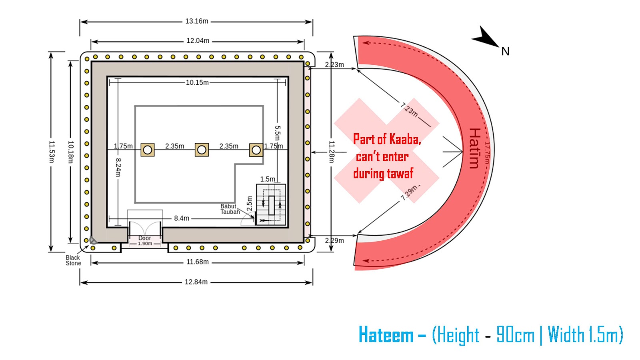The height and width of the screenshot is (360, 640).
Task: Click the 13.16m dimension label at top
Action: [x=196, y=21]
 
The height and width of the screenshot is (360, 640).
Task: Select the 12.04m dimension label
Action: [x=198, y=41]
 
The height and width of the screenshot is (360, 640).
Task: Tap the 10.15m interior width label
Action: [x=197, y=82]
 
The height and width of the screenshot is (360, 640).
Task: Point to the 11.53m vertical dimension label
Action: [x=52, y=152]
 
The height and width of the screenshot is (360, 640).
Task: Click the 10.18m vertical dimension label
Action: [x=71, y=152]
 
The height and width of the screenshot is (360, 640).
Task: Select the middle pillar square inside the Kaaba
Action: [x=202, y=150]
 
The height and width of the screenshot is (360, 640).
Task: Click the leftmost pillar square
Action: [x=148, y=150]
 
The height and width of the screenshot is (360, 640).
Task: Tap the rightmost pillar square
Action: [x=256, y=150]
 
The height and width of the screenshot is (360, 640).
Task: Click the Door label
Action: [x=144, y=238]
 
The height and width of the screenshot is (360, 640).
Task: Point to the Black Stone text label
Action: [x=74, y=260]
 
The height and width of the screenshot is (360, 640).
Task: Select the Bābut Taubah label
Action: [x=230, y=209]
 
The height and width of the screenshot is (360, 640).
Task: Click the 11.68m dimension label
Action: [x=198, y=262]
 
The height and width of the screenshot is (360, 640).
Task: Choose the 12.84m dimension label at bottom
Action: [x=196, y=282]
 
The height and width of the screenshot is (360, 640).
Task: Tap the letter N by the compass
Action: [x=506, y=52]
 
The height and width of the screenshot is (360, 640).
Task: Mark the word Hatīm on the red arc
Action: [x=474, y=148]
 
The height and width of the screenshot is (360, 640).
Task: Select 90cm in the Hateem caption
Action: [x=515, y=334]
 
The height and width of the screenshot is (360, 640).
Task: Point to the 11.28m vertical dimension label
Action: [x=332, y=152]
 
